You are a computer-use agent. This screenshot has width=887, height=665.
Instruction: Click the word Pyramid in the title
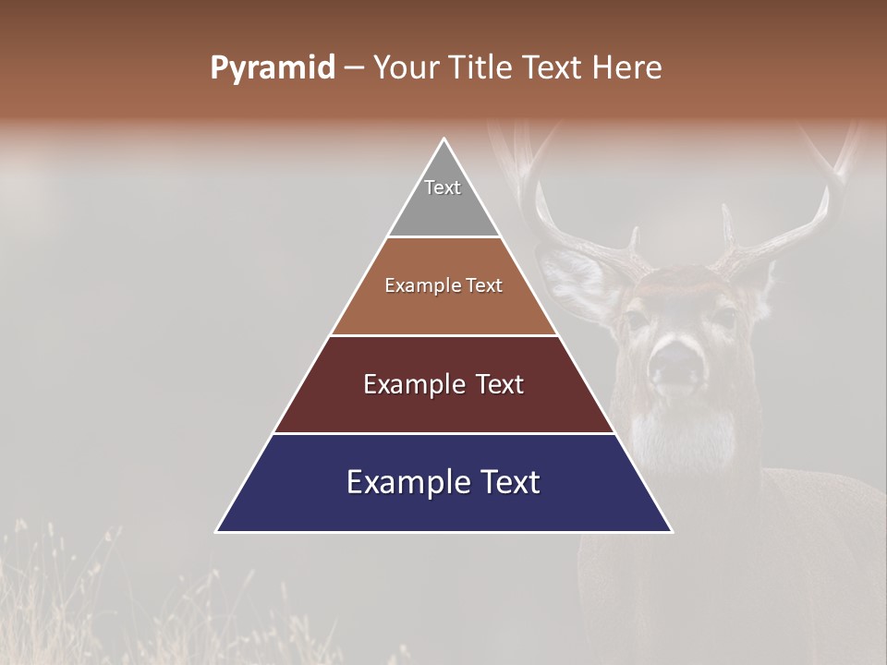pyautogui.click(x=272, y=68)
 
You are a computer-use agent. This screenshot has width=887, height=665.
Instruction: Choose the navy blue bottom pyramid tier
pyautogui.click(x=444, y=508)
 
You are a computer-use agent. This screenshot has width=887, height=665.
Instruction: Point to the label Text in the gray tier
pyautogui.click(x=443, y=187)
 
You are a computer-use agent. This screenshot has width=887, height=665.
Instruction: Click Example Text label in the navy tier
pyautogui.click(x=443, y=482)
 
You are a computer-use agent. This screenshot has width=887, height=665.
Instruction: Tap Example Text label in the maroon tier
pyautogui.click(x=443, y=384)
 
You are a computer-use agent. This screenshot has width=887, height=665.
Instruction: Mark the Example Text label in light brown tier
pyautogui.click(x=443, y=285)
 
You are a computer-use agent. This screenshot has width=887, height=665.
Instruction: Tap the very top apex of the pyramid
pyautogui.click(x=444, y=140)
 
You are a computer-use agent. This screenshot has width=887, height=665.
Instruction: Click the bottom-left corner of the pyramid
pyautogui.click(x=218, y=530)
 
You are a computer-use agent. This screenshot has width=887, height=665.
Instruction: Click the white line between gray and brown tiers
pyautogui.click(x=444, y=237)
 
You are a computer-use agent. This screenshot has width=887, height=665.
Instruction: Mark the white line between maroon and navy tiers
pyautogui.click(x=444, y=433)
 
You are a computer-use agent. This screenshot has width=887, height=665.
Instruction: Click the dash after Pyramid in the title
pyautogui.click(x=354, y=68)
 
